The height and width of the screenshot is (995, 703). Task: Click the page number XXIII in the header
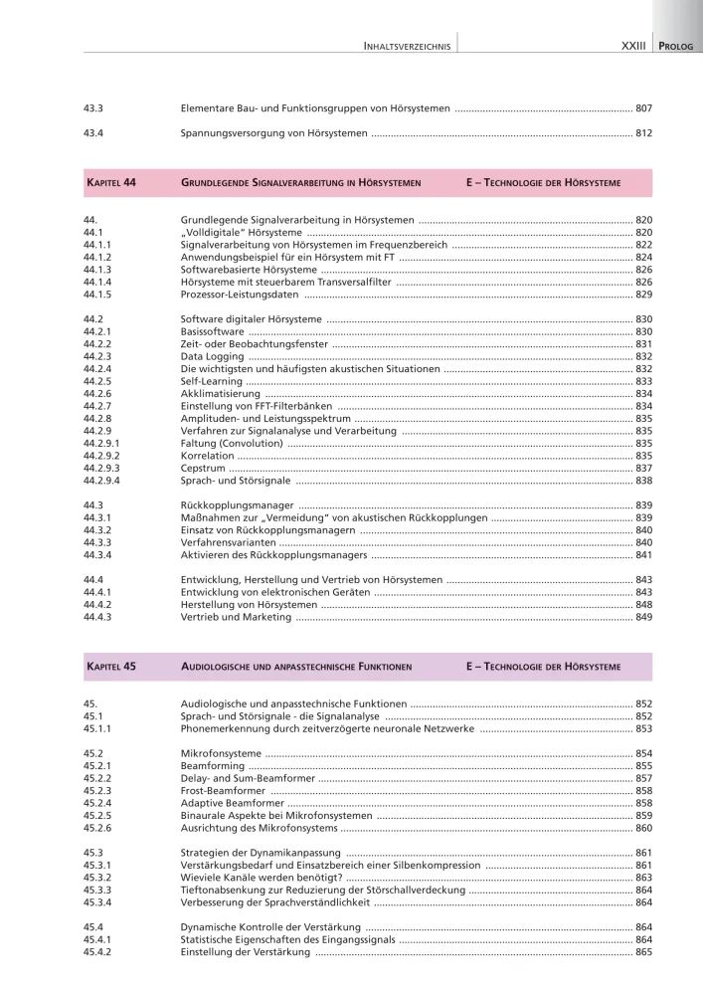point(632,46)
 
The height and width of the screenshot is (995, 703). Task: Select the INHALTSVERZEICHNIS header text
point(408,46)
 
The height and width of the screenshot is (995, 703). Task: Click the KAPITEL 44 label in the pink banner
point(111,183)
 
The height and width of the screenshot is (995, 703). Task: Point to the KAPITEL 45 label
point(111,666)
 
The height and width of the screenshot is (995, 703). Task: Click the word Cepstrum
point(203,468)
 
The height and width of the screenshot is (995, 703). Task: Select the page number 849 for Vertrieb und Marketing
point(643,617)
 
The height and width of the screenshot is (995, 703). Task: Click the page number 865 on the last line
point(643,952)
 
